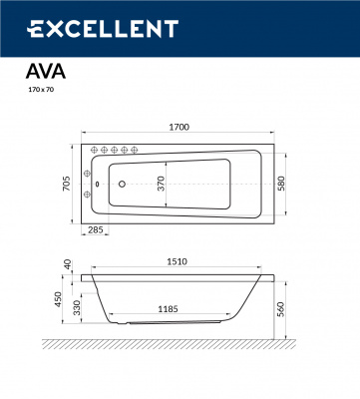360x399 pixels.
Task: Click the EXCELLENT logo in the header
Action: point(101,29)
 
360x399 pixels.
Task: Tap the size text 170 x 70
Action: point(38,92)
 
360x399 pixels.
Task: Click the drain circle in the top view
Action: point(121,183)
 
